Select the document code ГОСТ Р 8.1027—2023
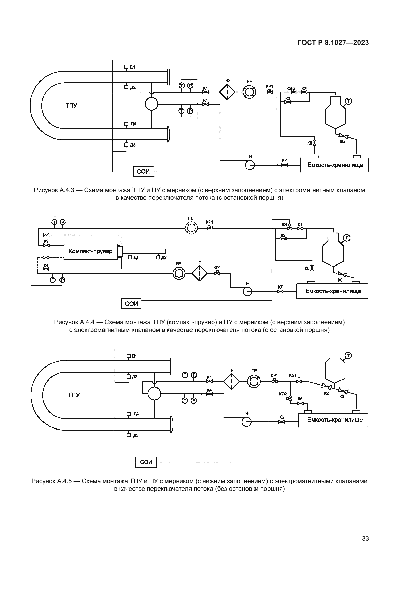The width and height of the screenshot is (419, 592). coord(333,43)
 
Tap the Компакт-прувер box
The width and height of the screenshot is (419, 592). coord(90,251)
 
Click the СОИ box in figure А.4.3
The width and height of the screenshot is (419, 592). coord(143,171)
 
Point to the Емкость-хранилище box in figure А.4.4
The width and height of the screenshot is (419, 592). coord(332,291)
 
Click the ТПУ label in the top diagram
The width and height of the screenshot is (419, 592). coord(71,106)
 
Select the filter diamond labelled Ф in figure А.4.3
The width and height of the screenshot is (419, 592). coord(227,92)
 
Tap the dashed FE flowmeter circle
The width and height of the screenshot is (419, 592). coord(191,228)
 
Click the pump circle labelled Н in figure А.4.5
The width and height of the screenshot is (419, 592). coord(246,422)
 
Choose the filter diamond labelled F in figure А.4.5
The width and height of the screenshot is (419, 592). coord(232,382)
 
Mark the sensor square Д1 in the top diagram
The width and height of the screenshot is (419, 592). coord(126,67)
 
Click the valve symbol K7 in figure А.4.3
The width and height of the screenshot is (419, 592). coord(284,165)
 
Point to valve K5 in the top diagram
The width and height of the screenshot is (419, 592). coord(343,136)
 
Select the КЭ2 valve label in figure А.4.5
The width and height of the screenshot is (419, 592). coord(283,394)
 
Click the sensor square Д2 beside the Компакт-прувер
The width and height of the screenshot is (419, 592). coord(158,257)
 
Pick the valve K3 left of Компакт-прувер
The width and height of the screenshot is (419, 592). coord(46,246)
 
